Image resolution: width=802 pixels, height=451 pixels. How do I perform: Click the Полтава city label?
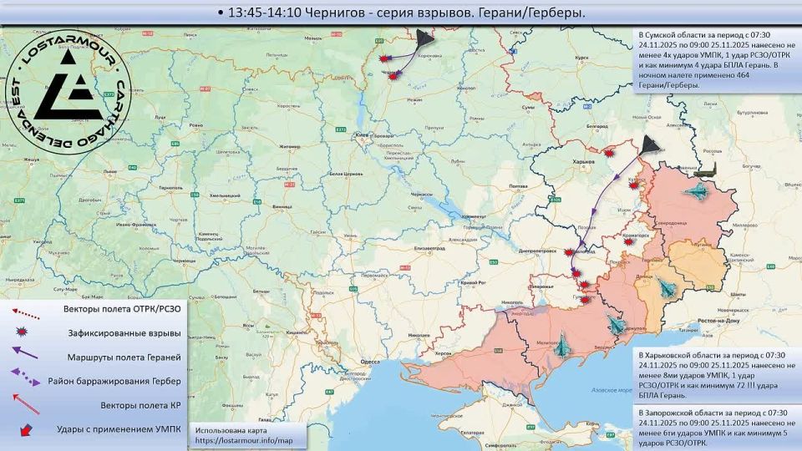[517, 185]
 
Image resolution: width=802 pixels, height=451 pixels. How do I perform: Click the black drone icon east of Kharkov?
[651, 146]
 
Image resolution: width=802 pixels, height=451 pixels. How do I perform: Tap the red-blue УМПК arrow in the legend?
[25, 430]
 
